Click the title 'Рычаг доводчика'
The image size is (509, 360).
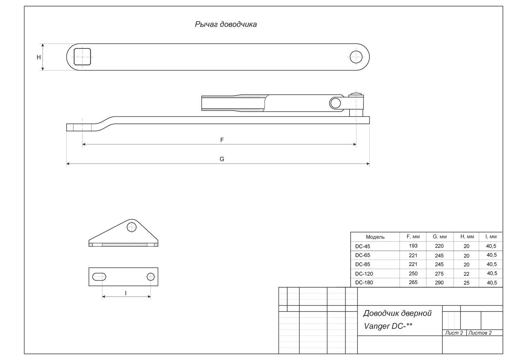click(x=226, y=24)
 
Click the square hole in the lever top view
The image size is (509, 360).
click(x=82, y=57)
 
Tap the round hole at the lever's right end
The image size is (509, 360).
click(x=356, y=57)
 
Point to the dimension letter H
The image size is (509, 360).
click(x=39, y=57)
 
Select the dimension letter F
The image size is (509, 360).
click(x=222, y=140)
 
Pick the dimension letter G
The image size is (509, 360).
click(x=222, y=159)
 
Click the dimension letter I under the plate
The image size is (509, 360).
click(x=126, y=293)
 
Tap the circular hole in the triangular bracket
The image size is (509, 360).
click(x=131, y=227)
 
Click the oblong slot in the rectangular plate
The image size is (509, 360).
click(x=99, y=277)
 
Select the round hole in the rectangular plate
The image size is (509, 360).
click(x=151, y=277)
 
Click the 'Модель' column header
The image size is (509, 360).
click(x=375, y=237)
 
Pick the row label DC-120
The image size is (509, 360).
click(x=364, y=274)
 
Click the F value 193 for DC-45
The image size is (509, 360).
click(x=413, y=246)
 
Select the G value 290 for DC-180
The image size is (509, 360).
click(x=439, y=283)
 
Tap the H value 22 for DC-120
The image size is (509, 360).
click(x=467, y=274)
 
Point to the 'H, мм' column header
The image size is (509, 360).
click(x=467, y=237)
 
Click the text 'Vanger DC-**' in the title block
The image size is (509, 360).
click(x=388, y=326)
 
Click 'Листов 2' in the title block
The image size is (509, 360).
click(x=480, y=333)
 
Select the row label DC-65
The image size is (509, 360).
click(x=362, y=255)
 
